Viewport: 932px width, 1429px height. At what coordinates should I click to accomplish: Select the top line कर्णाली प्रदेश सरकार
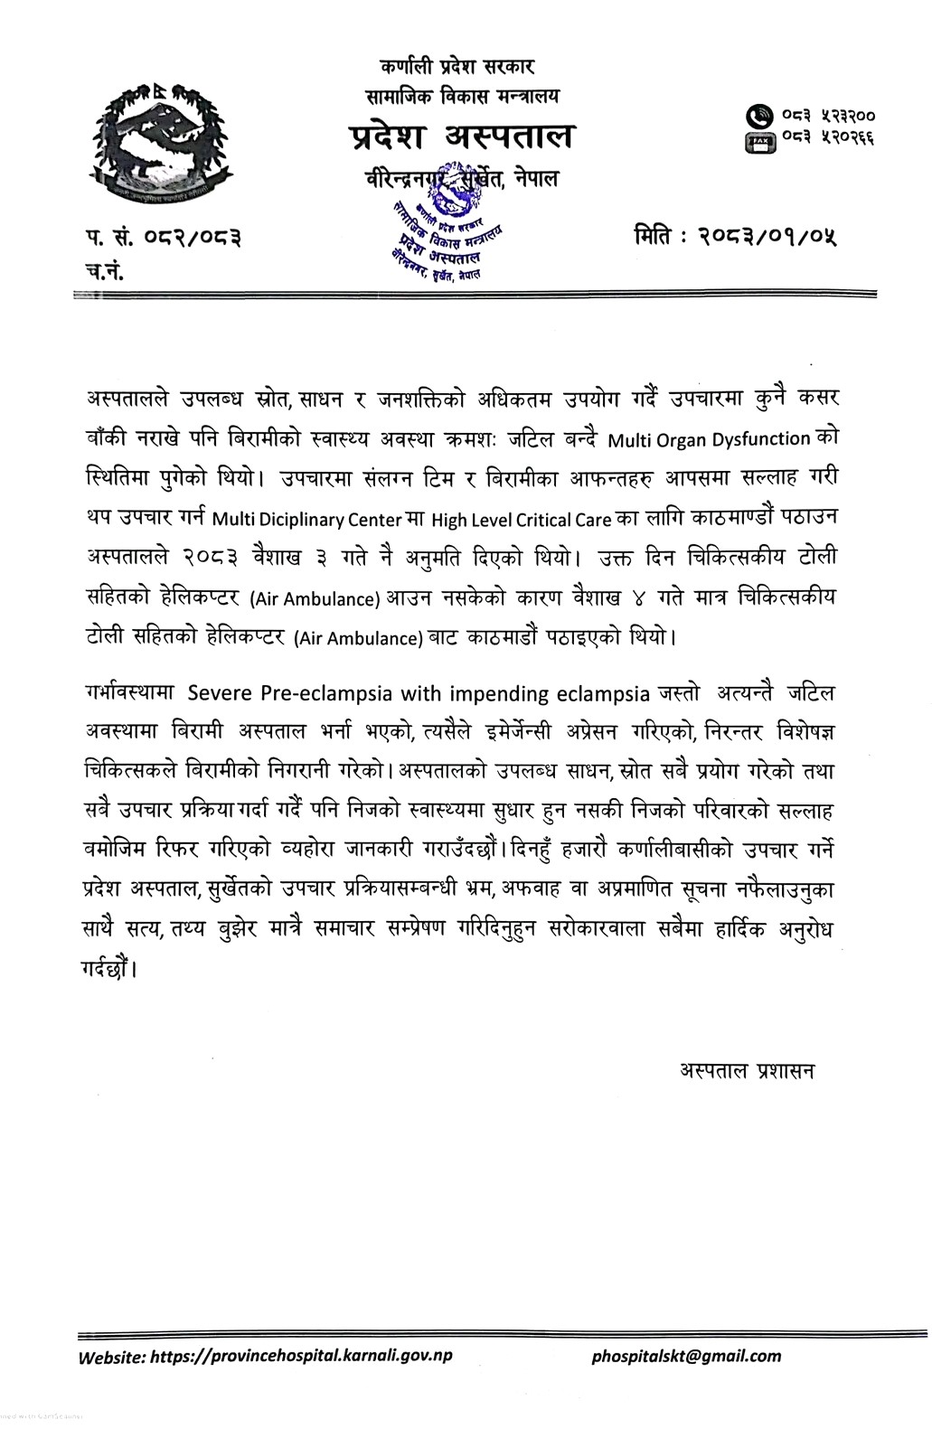[x=459, y=66]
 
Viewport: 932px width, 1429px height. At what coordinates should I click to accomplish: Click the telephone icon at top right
[x=756, y=117]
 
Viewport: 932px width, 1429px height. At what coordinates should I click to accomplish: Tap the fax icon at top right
[x=756, y=140]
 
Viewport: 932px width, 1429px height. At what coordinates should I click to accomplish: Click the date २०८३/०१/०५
[x=774, y=238]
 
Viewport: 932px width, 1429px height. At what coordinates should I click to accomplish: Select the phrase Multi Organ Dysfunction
[x=709, y=440]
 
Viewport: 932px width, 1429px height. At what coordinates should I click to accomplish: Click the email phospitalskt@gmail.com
[x=686, y=1355]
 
